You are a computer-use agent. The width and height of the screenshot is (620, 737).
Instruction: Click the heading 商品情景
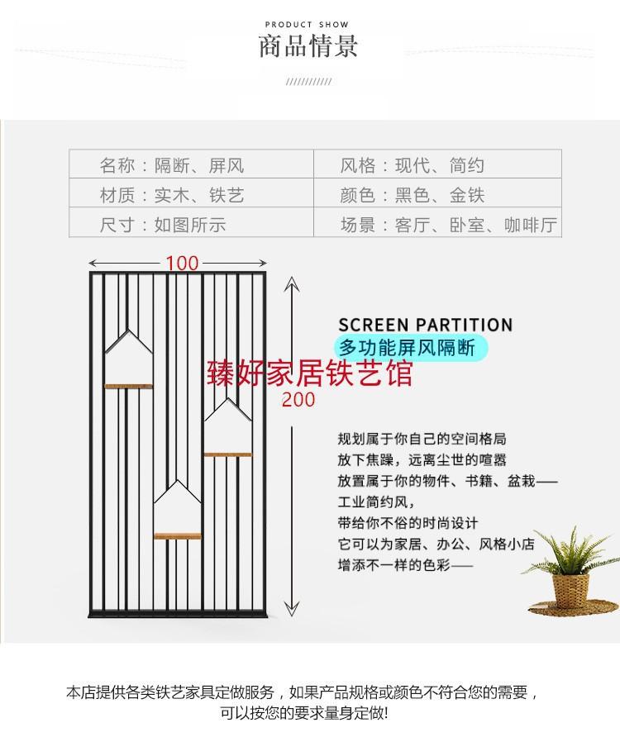(x=309, y=46)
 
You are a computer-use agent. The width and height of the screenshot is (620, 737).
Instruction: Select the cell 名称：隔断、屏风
(x=172, y=165)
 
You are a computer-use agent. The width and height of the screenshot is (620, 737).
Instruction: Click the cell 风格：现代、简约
(x=413, y=165)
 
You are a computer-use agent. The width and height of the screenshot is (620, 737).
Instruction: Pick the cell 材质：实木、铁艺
(x=172, y=195)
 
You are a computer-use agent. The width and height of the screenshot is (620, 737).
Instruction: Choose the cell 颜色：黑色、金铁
(x=413, y=195)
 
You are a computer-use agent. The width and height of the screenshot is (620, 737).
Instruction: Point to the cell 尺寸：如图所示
(x=163, y=224)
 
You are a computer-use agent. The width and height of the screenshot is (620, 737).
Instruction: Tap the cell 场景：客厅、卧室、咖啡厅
(x=449, y=224)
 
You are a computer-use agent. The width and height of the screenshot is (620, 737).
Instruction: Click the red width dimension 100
(x=182, y=263)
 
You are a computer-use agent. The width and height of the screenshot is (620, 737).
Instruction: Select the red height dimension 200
(x=298, y=400)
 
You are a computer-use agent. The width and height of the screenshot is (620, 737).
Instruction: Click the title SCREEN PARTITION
(x=425, y=325)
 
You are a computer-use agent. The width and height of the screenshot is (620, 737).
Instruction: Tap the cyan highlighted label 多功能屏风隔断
(x=408, y=348)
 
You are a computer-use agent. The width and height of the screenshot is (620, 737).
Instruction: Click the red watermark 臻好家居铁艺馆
(x=309, y=373)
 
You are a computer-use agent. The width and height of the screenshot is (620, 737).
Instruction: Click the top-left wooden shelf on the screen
(x=129, y=385)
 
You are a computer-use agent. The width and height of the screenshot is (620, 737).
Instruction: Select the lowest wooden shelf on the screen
(x=178, y=535)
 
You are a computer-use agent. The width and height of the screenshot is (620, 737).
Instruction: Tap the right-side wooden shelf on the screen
(x=227, y=454)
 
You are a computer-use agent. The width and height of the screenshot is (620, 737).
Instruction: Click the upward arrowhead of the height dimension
(x=290, y=283)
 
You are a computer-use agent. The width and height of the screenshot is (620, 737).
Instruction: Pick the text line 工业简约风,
(x=376, y=502)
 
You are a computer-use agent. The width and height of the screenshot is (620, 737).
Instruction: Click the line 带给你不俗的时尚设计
(x=408, y=523)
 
